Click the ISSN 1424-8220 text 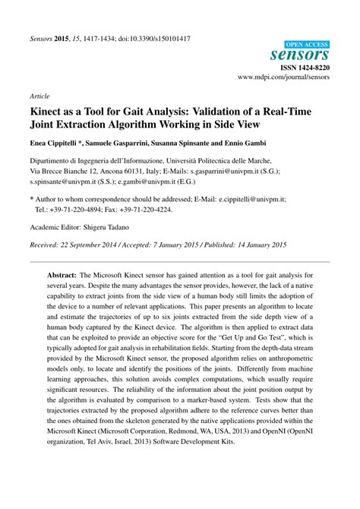tap(305, 68)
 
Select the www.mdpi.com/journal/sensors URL tap(283, 77)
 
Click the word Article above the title tap(39, 97)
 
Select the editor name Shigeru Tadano tap(112, 226)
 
